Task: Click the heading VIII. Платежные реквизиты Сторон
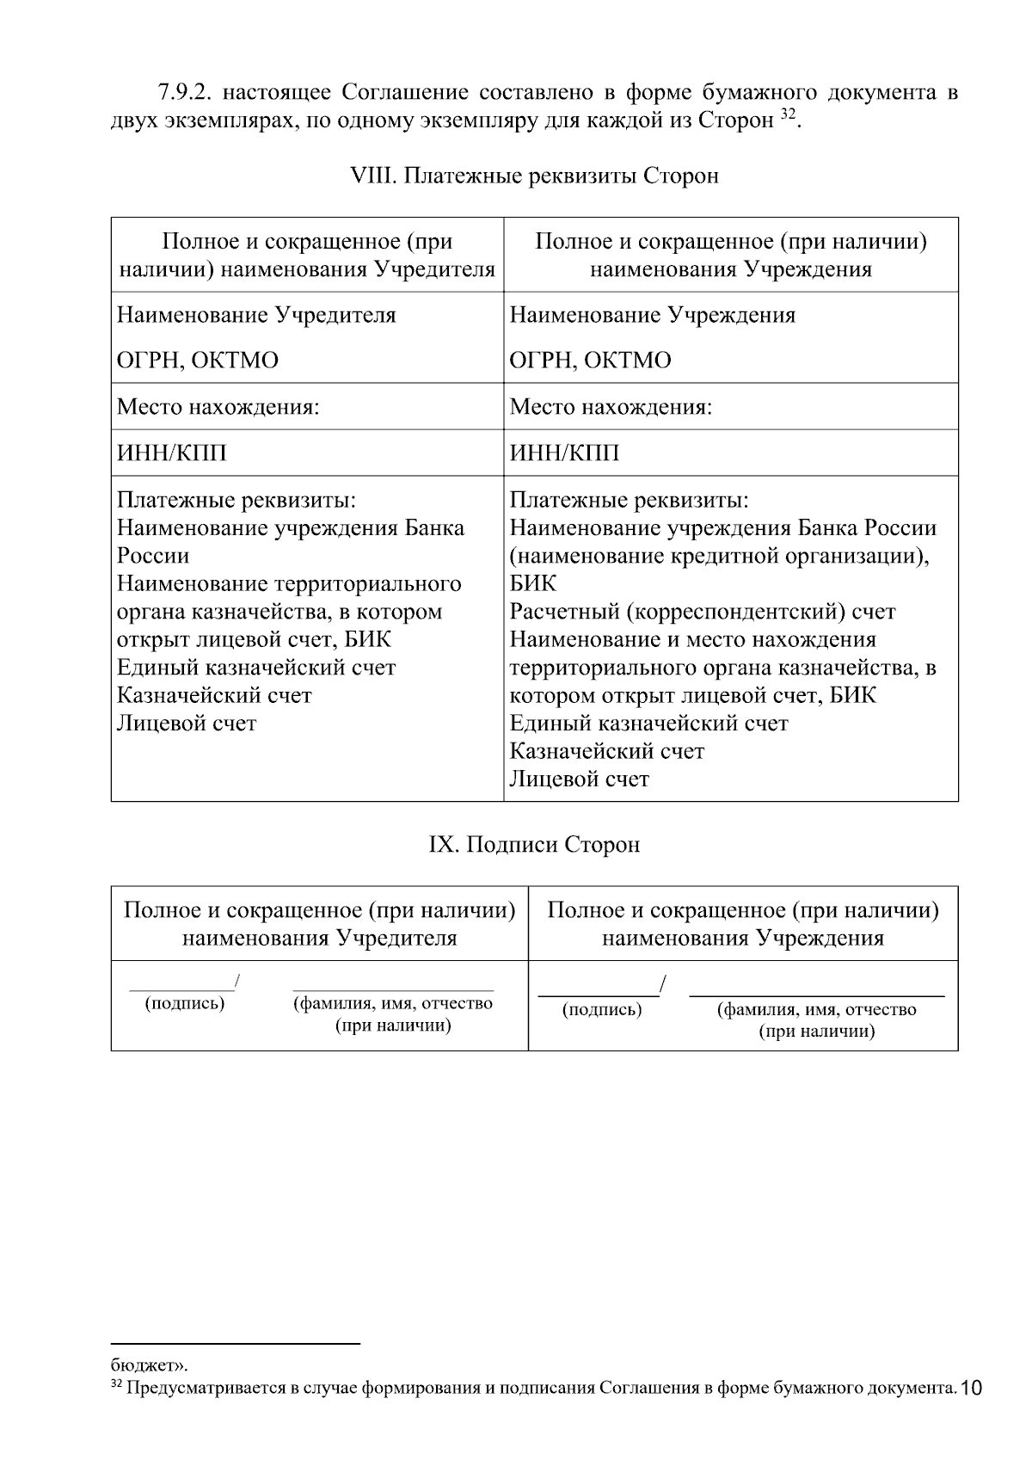535,176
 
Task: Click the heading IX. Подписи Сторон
534,845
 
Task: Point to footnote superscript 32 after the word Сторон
788,114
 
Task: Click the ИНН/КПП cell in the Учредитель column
172,453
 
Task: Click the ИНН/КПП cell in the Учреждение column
564,453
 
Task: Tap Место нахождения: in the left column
218,406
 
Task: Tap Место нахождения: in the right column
611,406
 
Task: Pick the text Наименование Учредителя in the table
256,315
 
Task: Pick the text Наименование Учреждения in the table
653,315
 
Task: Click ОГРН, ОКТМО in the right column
590,360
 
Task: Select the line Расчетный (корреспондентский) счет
703,612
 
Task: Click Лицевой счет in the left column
187,724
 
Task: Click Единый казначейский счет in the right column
648,724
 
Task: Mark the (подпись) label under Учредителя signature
185,1003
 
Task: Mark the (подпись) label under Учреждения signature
602,1009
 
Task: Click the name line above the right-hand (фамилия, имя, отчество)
817,995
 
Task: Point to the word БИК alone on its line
533,584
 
